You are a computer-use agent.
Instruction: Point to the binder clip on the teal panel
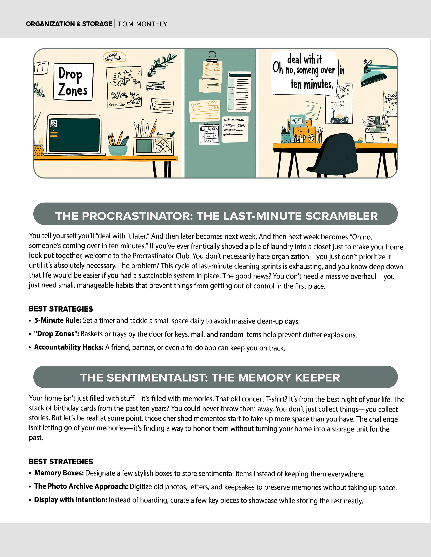click(212, 57)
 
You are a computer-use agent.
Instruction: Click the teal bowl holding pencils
click(118, 150)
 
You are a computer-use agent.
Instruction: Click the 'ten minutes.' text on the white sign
click(312, 84)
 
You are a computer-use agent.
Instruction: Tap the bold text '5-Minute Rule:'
click(58, 320)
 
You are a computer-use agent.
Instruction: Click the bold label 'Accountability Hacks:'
click(69, 347)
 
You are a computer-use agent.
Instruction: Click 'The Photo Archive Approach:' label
click(81, 486)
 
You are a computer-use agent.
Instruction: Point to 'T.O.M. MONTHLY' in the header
click(142, 24)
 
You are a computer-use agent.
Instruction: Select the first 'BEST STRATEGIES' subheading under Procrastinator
click(61, 309)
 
